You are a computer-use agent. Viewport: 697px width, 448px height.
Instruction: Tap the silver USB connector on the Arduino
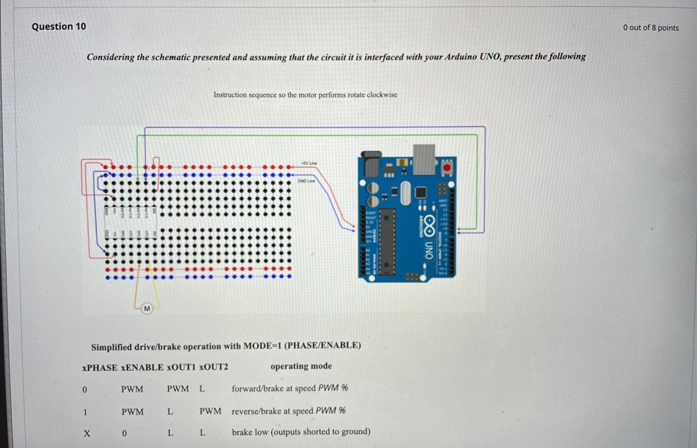coord(424,159)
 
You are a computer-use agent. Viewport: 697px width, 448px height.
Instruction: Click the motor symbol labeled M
coord(146,309)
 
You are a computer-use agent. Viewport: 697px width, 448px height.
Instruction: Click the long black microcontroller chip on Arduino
coord(387,241)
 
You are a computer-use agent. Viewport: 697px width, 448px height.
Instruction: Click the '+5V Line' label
coord(309,163)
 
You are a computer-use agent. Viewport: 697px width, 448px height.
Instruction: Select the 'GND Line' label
coord(306,180)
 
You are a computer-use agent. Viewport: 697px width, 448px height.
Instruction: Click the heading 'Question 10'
coord(59,27)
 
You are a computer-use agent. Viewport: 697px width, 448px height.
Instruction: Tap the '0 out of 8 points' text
coord(651,28)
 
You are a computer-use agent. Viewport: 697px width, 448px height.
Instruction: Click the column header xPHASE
coord(100,367)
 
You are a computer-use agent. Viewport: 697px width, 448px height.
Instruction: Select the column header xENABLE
coord(142,367)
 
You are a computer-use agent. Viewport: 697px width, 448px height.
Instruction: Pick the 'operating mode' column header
coord(301,366)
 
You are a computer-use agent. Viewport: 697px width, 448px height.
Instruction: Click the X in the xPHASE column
coord(86,434)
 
